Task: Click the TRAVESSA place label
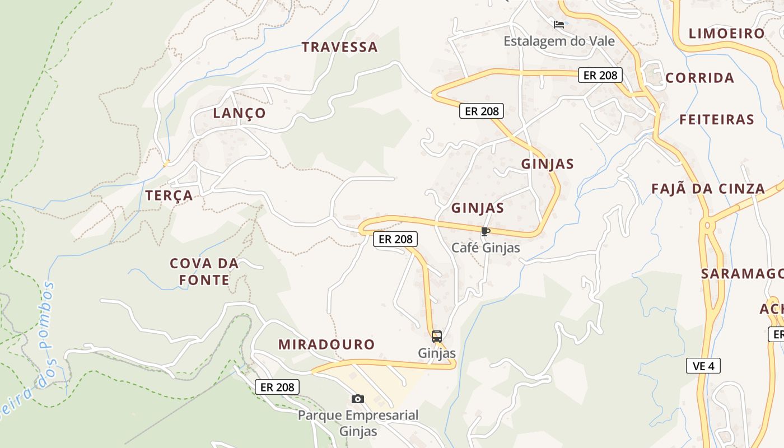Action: pos(340,47)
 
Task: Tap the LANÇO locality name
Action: pos(240,113)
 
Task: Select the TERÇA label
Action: pos(169,195)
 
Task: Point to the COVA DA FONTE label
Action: pos(204,272)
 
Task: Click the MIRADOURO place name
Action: pos(326,344)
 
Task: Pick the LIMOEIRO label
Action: pos(726,34)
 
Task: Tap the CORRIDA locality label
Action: pos(699,78)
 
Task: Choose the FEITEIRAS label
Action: pos(717,120)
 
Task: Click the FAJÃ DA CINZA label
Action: pos(708,189)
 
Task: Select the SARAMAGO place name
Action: pos(741,274)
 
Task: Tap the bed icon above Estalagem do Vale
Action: pos(558,25)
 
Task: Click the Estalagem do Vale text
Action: pos(559,41)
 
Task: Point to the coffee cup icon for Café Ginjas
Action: pos(485,231)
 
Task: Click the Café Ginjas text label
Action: pos(486,248)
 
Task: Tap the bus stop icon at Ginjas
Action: pos(437,337)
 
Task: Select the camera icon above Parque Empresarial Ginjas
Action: pos(358,399)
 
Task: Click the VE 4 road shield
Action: pos(703,366)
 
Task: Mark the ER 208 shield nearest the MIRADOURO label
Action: pos(277,387)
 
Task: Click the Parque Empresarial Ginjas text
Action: pos(358,423)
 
